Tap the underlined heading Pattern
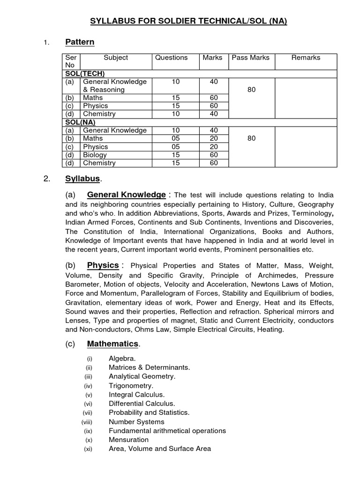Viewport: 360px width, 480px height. pyautogui.click(x=80, y=42)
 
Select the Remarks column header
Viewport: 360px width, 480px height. pyautogui.click(x=306, y=58)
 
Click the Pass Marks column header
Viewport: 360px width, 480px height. pyautogui.click(x=251, y=58)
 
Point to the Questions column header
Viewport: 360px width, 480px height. pyautogui.click(x=171, y=58)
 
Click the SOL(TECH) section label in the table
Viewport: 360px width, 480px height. pyautogui.click(x=85, y=74)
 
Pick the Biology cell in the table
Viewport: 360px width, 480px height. pyautogui.click(x=95, y=155)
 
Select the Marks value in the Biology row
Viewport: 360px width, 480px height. pyautogui.click(x=214, y=155)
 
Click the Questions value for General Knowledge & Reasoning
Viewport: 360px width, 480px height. pyautogui.click(x=176, y=82)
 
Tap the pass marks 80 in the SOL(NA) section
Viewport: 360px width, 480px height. pyautogui.click(x=251, y=138)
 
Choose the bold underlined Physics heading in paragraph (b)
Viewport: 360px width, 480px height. pyautogui.click(x=103, y=266)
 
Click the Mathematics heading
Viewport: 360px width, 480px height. pyautogui.click(x=113, y=344)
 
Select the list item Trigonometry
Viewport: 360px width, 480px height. pyautogui.click(x=131, y=386)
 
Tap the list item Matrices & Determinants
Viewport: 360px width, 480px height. pyautogui.click(x=149, y=367)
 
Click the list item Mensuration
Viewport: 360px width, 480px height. pyautogui.click(x=128, y=440)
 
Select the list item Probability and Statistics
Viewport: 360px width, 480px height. pyautogui.click(x=149, y=412)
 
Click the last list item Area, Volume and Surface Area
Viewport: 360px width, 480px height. pyautogui.click(x=159, y=449)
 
